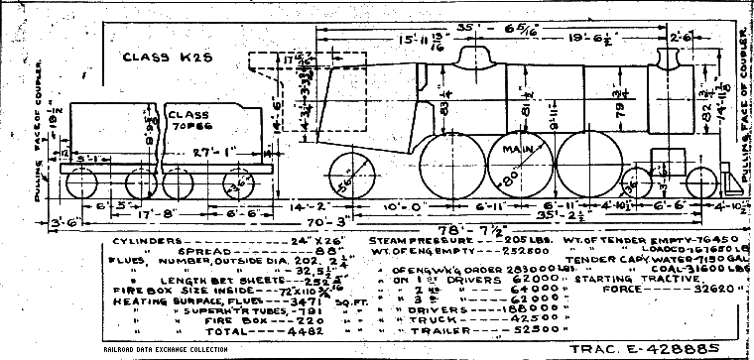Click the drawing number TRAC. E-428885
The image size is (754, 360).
[676, 348]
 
